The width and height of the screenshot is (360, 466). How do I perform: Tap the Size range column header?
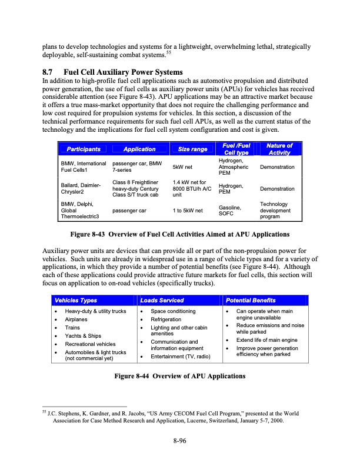click(x=189, y=149)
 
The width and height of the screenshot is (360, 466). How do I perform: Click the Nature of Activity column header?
click(x=279, y=149)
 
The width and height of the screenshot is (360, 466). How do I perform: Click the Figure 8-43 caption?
click(x=179, y=235)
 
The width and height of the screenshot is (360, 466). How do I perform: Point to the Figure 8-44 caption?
click(x=179, y=376)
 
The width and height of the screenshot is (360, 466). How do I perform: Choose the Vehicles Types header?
click(x=73, y=300)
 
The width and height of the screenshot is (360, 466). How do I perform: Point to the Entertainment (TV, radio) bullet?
click(x=182, y=357)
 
